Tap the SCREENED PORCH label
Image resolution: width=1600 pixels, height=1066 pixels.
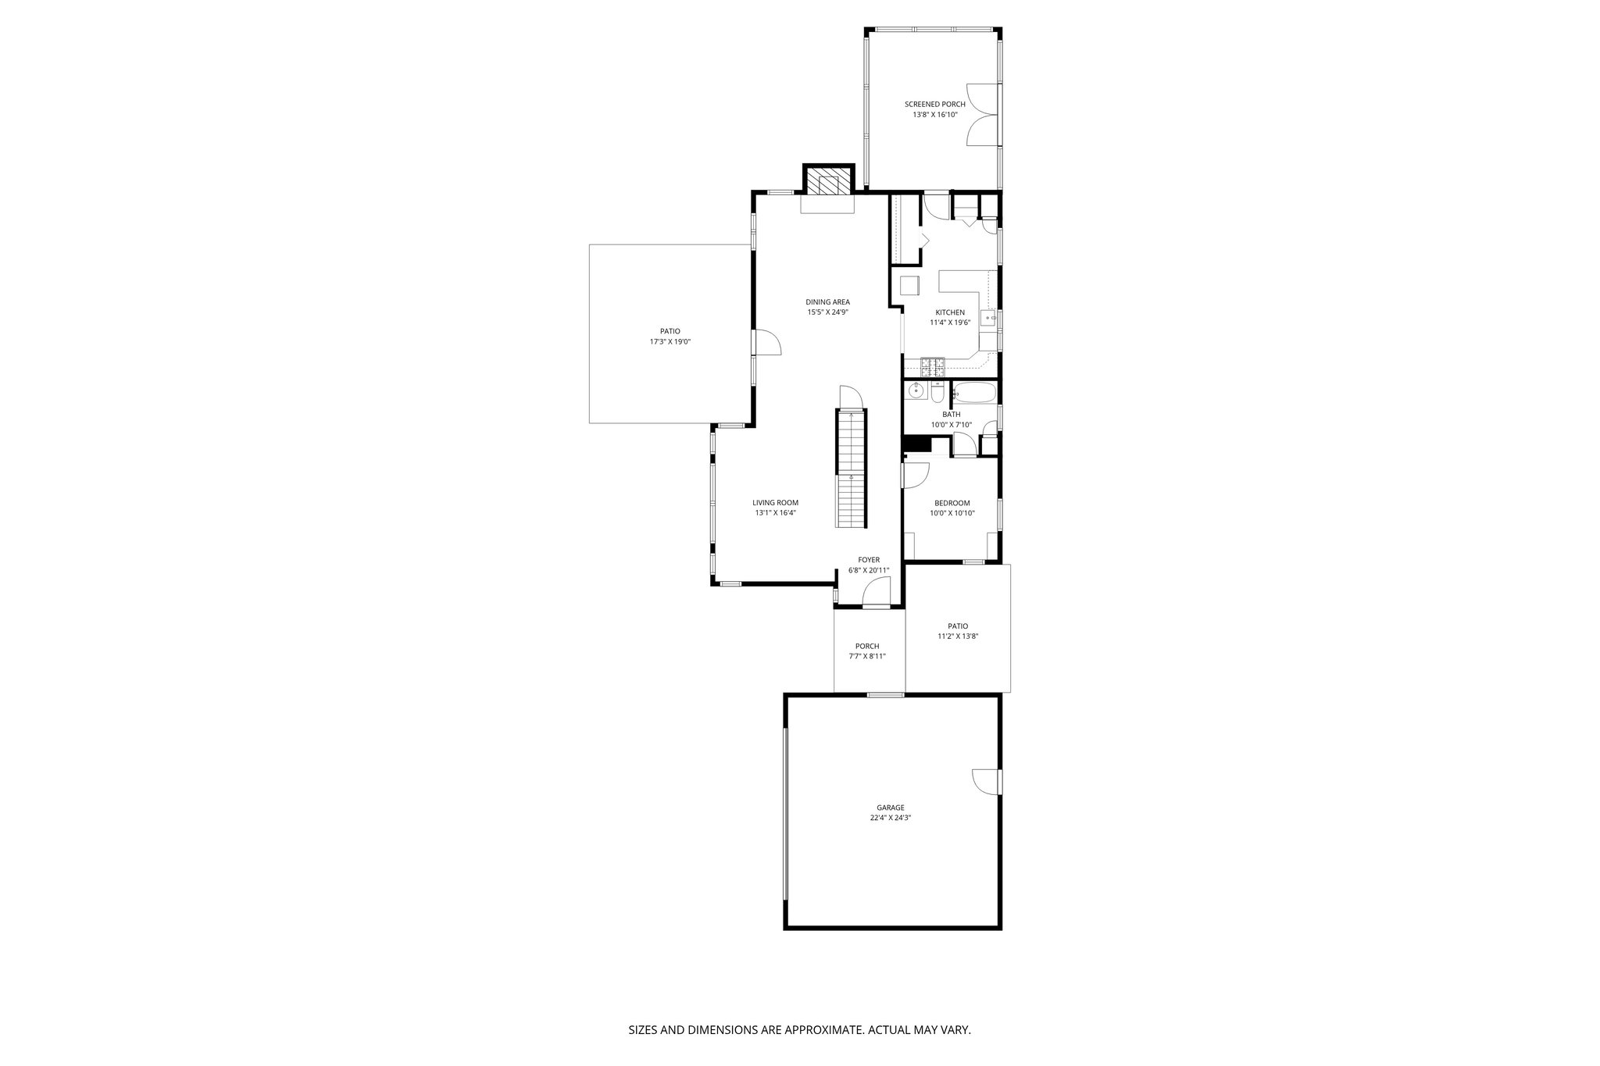[934, 105]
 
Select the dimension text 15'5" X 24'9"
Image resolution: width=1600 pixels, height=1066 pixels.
[827, 312]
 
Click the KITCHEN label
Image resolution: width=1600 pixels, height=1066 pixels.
[949, 312]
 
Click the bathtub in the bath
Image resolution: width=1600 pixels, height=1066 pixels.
[976, 392]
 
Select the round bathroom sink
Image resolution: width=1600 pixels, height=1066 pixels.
[915, 390]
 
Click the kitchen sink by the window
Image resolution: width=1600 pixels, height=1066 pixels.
[988, 318]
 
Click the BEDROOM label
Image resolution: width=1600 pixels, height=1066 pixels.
[952, 503]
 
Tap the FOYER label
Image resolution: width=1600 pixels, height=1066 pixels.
[869, 560]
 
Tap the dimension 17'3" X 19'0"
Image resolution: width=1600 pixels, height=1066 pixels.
[670, 342]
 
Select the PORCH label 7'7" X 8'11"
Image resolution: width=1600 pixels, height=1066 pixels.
[866, 651]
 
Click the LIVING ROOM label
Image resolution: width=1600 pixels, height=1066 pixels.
[775, 503]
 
